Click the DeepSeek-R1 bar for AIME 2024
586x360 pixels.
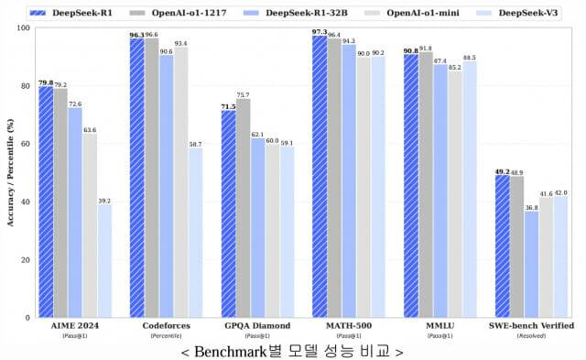(x=46, y=202)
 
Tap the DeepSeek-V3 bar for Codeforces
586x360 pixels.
(x=196, y=233)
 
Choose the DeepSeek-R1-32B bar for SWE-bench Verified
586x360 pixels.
(x=532, y=265)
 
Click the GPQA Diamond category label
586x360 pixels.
(x=257, y=326)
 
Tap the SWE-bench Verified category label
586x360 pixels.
(x=531, y=326)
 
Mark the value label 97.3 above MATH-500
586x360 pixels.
(x=319, y=32)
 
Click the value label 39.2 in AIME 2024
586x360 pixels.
(x=105, y=201)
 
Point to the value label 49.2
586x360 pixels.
(x=502, y=170)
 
